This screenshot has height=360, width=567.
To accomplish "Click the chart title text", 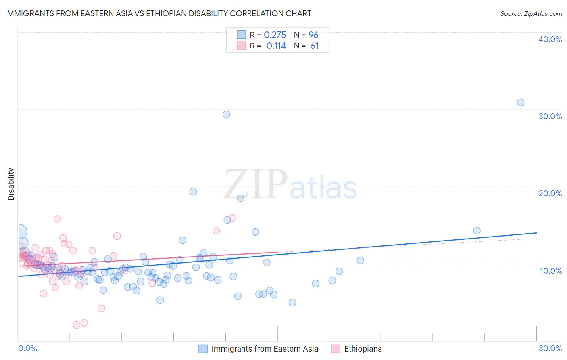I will [158, 13].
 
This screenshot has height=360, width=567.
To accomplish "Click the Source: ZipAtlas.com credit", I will [531, 13].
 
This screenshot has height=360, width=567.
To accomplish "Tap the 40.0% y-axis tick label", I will [550, 39].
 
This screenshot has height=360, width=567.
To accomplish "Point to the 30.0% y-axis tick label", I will [550, 116].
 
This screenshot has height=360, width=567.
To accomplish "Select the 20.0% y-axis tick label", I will [550, 193].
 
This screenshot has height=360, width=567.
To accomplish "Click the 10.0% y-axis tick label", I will [551, 271].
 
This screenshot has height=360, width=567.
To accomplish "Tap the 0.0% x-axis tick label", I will [27, 348].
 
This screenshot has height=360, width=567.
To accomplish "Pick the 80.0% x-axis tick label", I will [550, 348].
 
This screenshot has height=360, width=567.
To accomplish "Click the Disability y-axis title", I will [11, 184].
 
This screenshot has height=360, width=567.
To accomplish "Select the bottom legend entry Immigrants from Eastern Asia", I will [264, 349].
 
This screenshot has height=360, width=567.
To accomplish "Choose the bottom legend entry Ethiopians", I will [363, 349].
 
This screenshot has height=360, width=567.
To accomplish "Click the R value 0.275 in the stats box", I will [275, 35].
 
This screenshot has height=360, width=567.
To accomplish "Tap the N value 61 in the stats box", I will [315, 46].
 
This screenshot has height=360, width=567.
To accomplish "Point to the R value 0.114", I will [276, 46].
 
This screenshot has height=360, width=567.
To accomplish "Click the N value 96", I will [313, 35].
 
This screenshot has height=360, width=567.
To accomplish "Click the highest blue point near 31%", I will [521, 103].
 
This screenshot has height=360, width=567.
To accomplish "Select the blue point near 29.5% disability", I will [226, 115].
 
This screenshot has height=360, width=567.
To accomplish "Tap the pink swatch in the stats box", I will [241, 46].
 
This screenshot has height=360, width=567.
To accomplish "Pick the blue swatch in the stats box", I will [241, 35].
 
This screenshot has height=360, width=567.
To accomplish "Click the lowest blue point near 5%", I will [292, 303].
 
